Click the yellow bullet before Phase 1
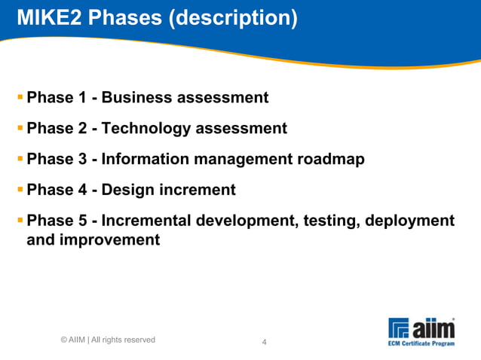(x=20, y=97)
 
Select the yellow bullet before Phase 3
(x=20, y=159)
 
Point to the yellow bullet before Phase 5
(x=20, y=221)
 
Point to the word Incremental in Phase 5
(x=147, y=221)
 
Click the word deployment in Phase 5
(x=410, y=221)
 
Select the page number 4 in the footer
(x=264, y=343)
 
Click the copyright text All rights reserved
(x=124, y=340)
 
